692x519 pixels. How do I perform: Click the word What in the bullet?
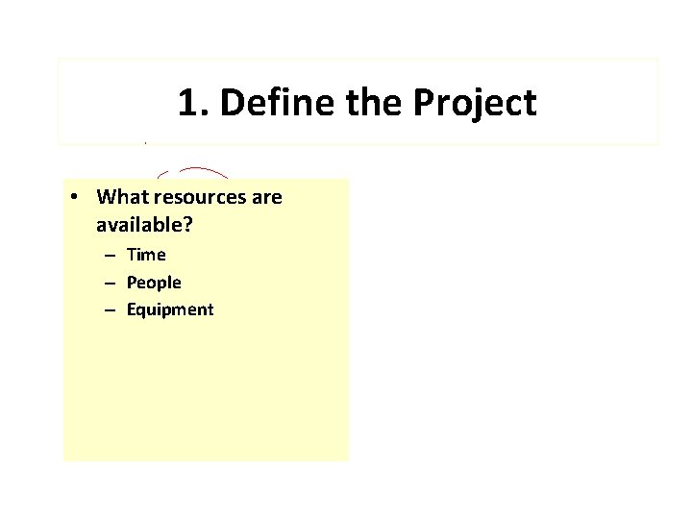(x=122, y=197)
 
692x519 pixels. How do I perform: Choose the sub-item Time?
(x=146, y=255)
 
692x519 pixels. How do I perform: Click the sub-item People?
(x=153, y=283)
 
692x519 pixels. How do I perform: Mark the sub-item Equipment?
(x=169, y=310)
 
